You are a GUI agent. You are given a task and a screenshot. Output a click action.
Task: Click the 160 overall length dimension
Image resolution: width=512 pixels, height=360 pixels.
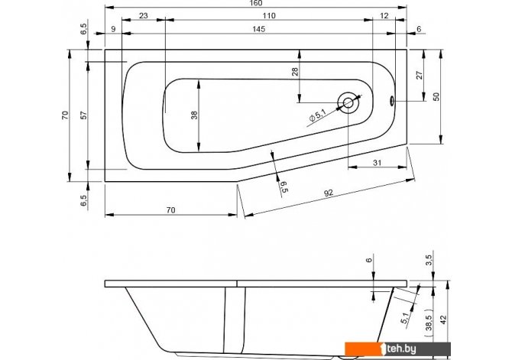(x=256, y=3)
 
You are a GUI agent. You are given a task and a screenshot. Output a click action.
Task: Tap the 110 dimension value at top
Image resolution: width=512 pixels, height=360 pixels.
(x=269, y=16)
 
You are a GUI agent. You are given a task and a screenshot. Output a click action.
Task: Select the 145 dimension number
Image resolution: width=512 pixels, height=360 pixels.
(x=258, y=29)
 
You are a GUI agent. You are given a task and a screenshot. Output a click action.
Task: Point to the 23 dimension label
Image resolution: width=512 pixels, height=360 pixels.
(x=144, y=16)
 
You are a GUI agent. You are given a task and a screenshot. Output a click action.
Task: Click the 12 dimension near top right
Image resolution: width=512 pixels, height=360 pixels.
(x=384, y=16)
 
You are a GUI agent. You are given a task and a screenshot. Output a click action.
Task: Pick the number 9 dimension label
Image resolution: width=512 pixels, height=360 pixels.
(x=113, y=29)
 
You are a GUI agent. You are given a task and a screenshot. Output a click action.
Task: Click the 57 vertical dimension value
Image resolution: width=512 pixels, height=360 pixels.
(x=84, y=115)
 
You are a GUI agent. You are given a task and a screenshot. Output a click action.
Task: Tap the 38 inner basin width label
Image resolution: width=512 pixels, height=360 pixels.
(x=194, y=115)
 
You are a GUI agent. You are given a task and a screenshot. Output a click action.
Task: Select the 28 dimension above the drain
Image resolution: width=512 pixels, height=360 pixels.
(x=295, y=72)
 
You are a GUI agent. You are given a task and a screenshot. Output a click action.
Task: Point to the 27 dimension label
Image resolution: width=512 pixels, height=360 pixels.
(x=420, y=75)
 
